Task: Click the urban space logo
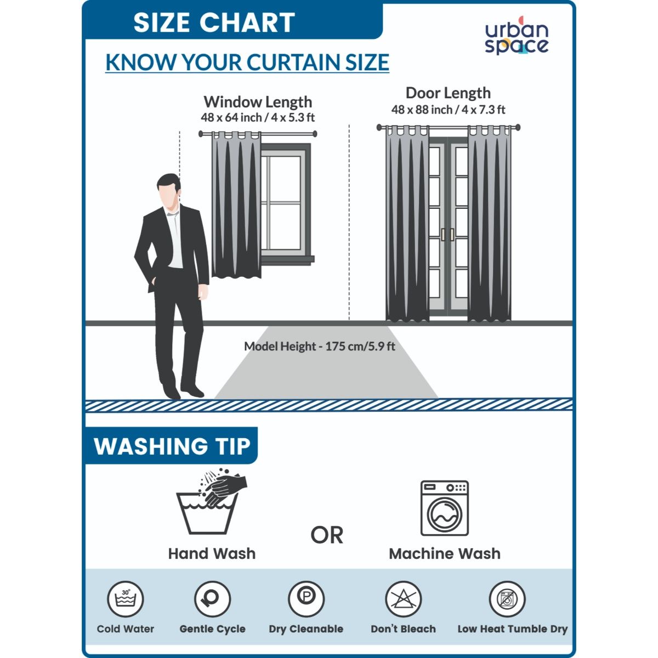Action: pos(517,36)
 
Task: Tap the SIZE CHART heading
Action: pos(214,22)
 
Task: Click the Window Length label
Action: pos(258,101)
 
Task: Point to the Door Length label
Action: pos(448,93)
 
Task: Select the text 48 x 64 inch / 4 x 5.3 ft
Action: pos(258,117)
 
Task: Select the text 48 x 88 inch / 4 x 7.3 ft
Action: pos(448,110)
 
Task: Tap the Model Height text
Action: pos(320,347)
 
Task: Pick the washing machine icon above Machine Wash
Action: pos(445,508)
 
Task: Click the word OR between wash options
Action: pos(327,535)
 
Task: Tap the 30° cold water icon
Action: pos(126,599)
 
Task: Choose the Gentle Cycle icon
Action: pos(212,599)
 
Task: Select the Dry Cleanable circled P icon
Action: pos(306,599)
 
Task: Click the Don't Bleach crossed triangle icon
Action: pos(403,599)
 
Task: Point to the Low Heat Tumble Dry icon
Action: pos(507,599)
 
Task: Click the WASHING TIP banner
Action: pos(172,446)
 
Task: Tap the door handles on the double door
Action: pos(447,235)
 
